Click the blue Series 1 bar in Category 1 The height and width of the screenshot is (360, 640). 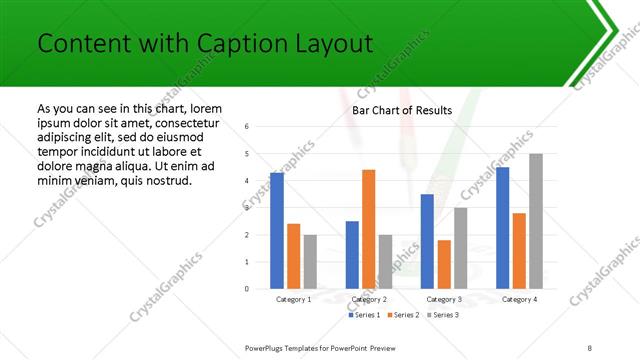click(277, 231)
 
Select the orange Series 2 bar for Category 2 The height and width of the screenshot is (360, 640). click(368, 229)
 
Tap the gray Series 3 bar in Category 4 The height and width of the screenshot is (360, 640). click(536, 221)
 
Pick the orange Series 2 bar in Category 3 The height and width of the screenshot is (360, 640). click(444, 264)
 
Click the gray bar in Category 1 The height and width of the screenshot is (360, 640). click(310, 262)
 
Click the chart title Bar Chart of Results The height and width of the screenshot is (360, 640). click(402, 110)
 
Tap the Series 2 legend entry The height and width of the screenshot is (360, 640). click(403, 315)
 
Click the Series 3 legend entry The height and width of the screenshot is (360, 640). click(443, 315)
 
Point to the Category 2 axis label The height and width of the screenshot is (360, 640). click(369, 299)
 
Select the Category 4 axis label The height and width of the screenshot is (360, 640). click(519, 299)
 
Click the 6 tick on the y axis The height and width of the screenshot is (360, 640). click(247, 127)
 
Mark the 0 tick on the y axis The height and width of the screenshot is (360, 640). click(247, 289)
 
